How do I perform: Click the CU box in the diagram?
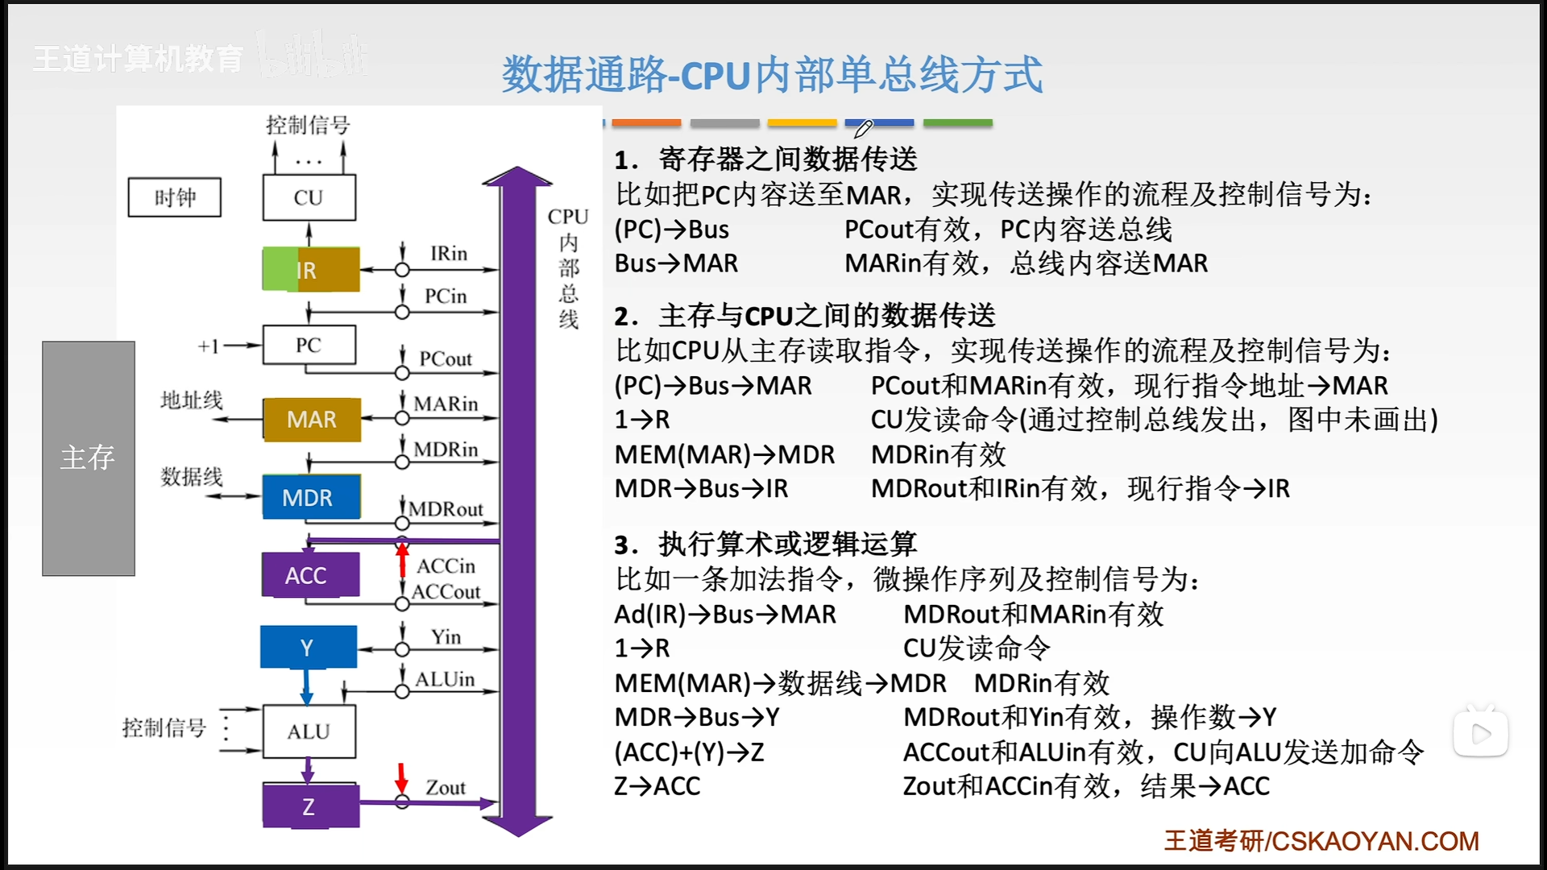pyautogui.click(x=309, y=197)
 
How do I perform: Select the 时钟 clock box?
pyautogui.click(x=174, y=197)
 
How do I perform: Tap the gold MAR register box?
pyautogui.click(x=312, y=419)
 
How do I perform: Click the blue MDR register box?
pyautogui.click(x=311, y=497)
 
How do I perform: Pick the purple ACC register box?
pyautogui.click(x=310, y=574)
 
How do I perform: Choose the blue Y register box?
pyautogui.click(x=308, y=647)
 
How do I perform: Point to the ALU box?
pyautogui.click(x=309, y=731)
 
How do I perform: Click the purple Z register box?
pyautogui.click(x=311, y=806)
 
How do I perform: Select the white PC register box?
pyautogui.click(x=309, y=345)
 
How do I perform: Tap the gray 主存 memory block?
pyautogui.click(x=89, y=458)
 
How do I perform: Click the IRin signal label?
pyautogui.click(x=449, y=254)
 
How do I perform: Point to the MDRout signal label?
pyautogui.click(x=446, y=509)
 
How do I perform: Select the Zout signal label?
pyautogui.click(x=446, y=788)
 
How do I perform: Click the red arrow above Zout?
pyautogui.click(x=401, y=777)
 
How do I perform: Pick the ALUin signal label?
pyautogui.click(x=445, y=679)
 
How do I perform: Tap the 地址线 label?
pyautogui.click(x=192, y=400)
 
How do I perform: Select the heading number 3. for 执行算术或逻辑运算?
pyautogui.click(x=627, y=545)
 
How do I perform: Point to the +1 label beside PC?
pyautogui.click(x=209, y=346)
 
